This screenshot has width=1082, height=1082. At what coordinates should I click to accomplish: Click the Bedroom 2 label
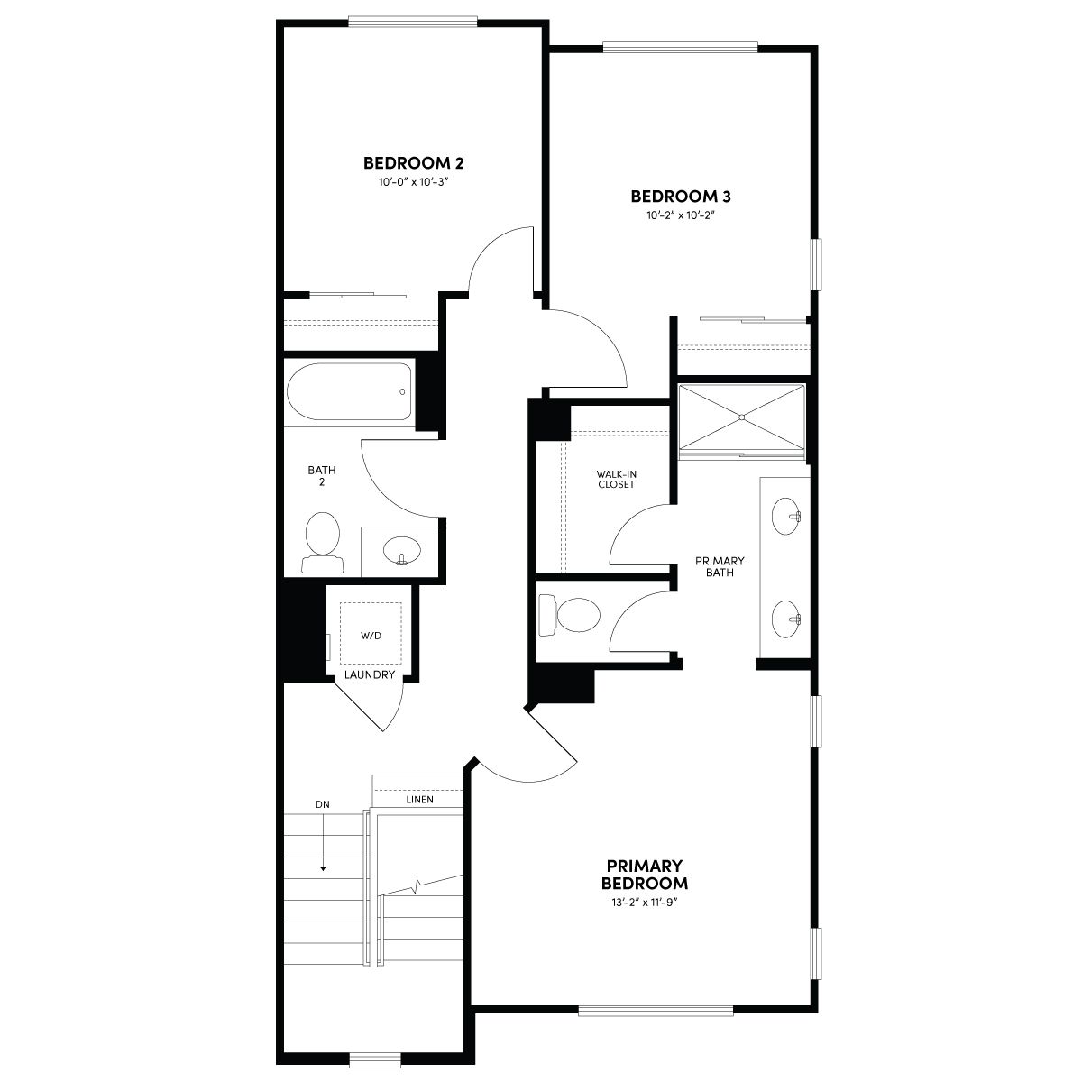click(x=413, y=163)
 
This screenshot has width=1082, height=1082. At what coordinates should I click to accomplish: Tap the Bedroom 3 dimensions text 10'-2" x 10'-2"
click(x=681, y=215)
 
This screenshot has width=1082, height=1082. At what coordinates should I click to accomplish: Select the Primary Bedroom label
click(x=644, y=875)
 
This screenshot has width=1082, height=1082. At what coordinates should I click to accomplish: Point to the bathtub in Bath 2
click(x=349, y=391)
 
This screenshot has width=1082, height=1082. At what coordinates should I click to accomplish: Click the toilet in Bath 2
click(x=322, y=542)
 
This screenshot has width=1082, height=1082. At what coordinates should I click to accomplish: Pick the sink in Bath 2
click(x=401, y=550)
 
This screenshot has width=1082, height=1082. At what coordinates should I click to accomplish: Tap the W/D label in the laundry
click(x=371, y=636)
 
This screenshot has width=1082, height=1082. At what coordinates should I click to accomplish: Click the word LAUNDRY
click(x=370, y=674)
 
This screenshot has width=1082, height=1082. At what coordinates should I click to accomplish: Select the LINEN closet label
click(x=419, y=800)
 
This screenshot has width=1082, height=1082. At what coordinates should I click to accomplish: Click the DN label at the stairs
click(x=322, y=804)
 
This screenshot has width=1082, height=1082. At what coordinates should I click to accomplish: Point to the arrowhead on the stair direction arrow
click(x=324, y=868)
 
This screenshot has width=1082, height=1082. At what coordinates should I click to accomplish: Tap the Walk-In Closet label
click(x=616, y=479)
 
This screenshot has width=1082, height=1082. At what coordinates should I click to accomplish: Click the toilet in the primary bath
click(x=569, y=615)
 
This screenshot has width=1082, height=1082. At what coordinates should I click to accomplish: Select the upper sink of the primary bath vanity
click(x=785, y=516)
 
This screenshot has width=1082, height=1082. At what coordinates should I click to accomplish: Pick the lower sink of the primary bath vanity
click(x=785, y=619)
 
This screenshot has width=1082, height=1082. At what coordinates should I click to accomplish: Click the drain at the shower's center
click(x=742, y=417)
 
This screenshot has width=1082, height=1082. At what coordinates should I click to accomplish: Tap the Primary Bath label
click(x=720, y=566)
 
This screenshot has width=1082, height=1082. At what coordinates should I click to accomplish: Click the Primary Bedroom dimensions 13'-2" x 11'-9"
click(x=645, y=903)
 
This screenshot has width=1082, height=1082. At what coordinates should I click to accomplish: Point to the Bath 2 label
click(x=322, y=475)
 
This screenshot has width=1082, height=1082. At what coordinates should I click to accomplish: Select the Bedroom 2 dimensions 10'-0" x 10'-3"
click(x=413, y=182)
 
